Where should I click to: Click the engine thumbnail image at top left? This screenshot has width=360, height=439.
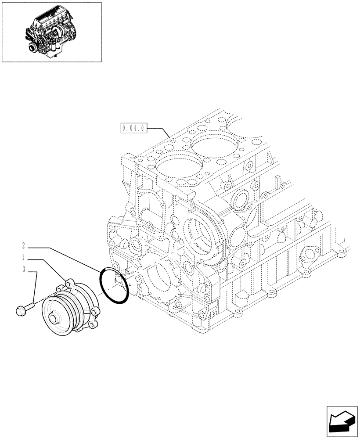pos(52,32)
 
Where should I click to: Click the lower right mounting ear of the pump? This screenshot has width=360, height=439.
pos(94,325)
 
